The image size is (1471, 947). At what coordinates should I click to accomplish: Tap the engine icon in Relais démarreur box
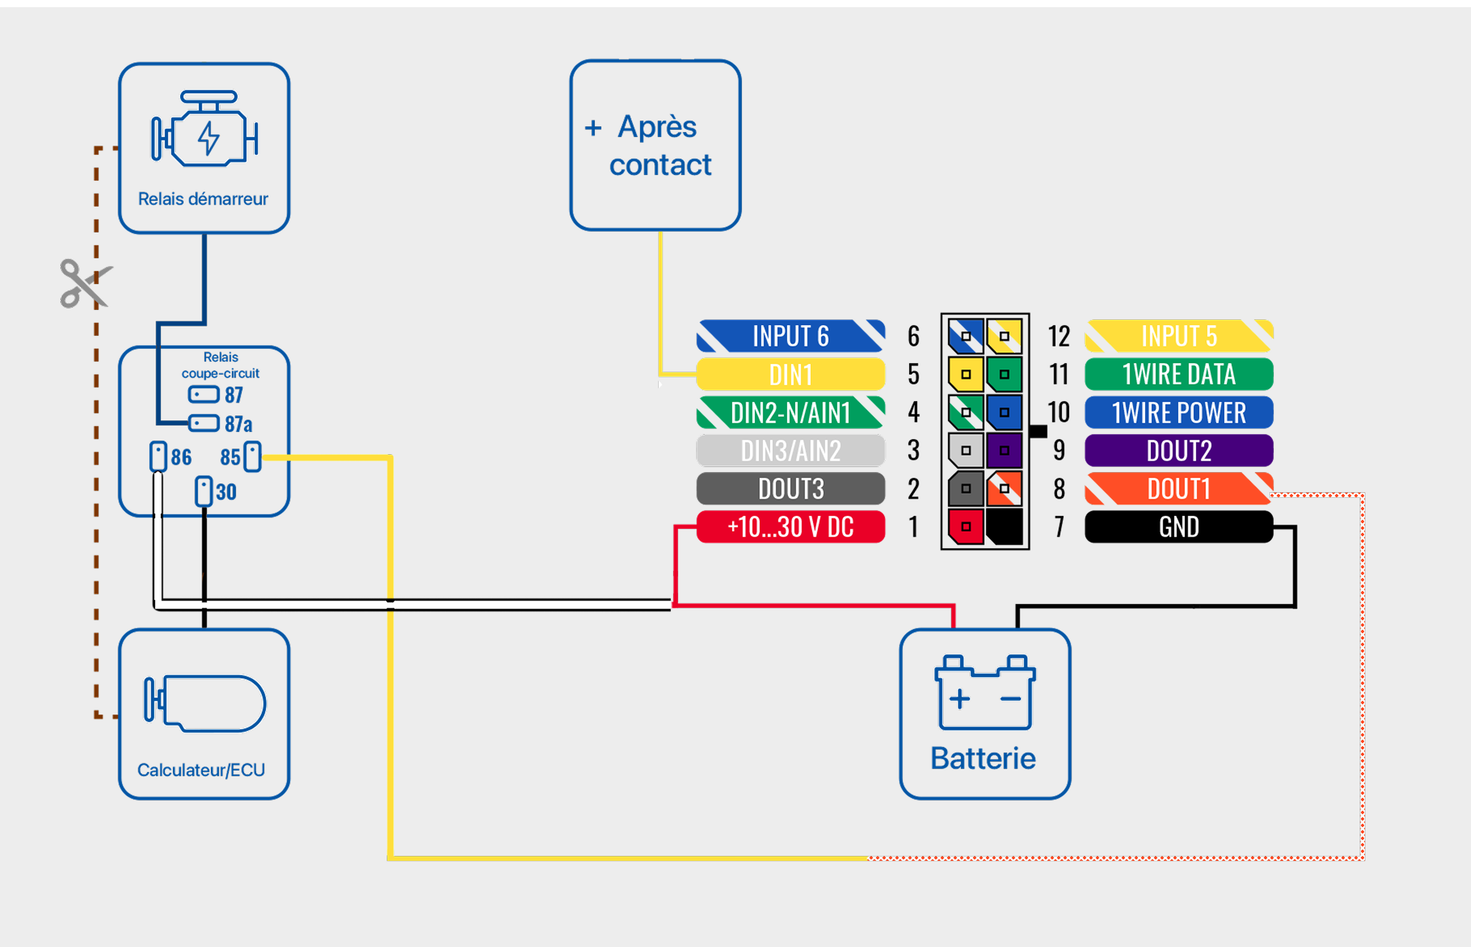pyautogui.click(x=205, y=129)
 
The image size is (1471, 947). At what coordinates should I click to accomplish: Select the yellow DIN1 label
pyautogui.click(x=790, y=374)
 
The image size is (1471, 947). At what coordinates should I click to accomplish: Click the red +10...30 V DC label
pyautogui.click(x=790, y=527)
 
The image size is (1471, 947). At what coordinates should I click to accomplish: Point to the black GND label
pyautogui.click(x=1178, y=527)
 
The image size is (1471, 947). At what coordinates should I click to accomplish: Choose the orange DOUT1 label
pyautogui.click(x=1178, y=489)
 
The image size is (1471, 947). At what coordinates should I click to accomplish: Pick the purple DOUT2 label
pyautogui.click(x=1178, y=451)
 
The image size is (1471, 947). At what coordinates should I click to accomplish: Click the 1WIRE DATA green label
pyautogui.click(x=1178, y=374)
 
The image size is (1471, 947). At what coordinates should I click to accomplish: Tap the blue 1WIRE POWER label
pyautogui.click(x=1178, y=413)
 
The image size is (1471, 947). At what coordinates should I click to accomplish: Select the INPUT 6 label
pyautogui.click(x=790, y=336)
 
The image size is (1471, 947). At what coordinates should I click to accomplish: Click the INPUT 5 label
pyautogui.click(x=1178, y=336)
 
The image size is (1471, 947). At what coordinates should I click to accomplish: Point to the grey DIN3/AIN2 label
pyautogui.click(x=790, y=451)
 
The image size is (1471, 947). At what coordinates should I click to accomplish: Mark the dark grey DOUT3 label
pyautogui.click(x=790, y=489)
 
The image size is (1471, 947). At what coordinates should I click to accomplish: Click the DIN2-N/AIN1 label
pyautogui.click(x=790, y=413)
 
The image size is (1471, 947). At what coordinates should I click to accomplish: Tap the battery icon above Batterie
pyautogui.click(x=984, y=692)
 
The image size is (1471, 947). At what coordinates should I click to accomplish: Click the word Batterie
pyautogui.click(x=983, y=758)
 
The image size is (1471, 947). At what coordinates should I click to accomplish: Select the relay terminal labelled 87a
pyautogui.click(x=205, y=423)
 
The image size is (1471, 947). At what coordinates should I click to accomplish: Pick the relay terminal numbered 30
pyautogui.click(x=205, y=491)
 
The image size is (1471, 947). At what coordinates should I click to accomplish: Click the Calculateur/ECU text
pyautogui.click(x=201, y=770)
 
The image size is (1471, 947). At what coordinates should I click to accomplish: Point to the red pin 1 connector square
pyautogui.click(x=966, y=527)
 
